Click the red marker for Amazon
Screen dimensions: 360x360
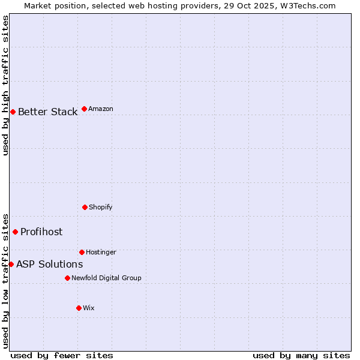[84, 109]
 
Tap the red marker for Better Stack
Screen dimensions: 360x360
[13, 112]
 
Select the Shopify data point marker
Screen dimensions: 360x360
[85, 207]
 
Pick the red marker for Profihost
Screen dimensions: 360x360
[15, 232]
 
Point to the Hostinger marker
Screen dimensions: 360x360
[82, 252]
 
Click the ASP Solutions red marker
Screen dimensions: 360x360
[11, 264]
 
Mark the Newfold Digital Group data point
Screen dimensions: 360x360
[67, 278]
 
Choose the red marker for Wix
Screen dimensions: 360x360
[79, 308]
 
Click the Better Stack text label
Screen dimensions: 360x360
[47, 112]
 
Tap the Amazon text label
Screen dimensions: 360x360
[101, 109]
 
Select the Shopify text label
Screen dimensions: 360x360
[101, 207]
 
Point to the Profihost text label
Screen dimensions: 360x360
[41, 232]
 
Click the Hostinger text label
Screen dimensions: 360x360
[101, 252]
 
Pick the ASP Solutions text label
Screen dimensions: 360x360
[49, 264]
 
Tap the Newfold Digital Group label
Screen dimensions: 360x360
[106, 278]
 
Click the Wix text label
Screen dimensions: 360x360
[89, 308]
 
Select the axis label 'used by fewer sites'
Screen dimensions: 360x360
[62, 355]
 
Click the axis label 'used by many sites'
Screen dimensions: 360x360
[301, 355]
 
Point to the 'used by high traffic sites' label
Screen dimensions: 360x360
[5, 85]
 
